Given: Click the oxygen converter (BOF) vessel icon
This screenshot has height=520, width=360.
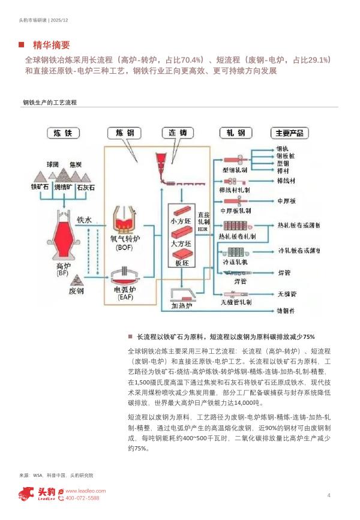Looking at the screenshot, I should [x=125, y=218].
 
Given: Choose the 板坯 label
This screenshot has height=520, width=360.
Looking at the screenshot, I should [x=181, y=262].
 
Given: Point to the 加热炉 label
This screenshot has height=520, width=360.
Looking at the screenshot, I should [x=181, y=305].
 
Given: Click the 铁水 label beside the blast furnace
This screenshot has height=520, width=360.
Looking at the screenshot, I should [x=84, y=220].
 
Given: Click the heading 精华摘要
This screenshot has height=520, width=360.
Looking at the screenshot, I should [x=52, y=45].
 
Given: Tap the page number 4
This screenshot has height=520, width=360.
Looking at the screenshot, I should [x=329, y=495].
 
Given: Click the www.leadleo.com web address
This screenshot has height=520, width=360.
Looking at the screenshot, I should [x=85, y=490].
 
